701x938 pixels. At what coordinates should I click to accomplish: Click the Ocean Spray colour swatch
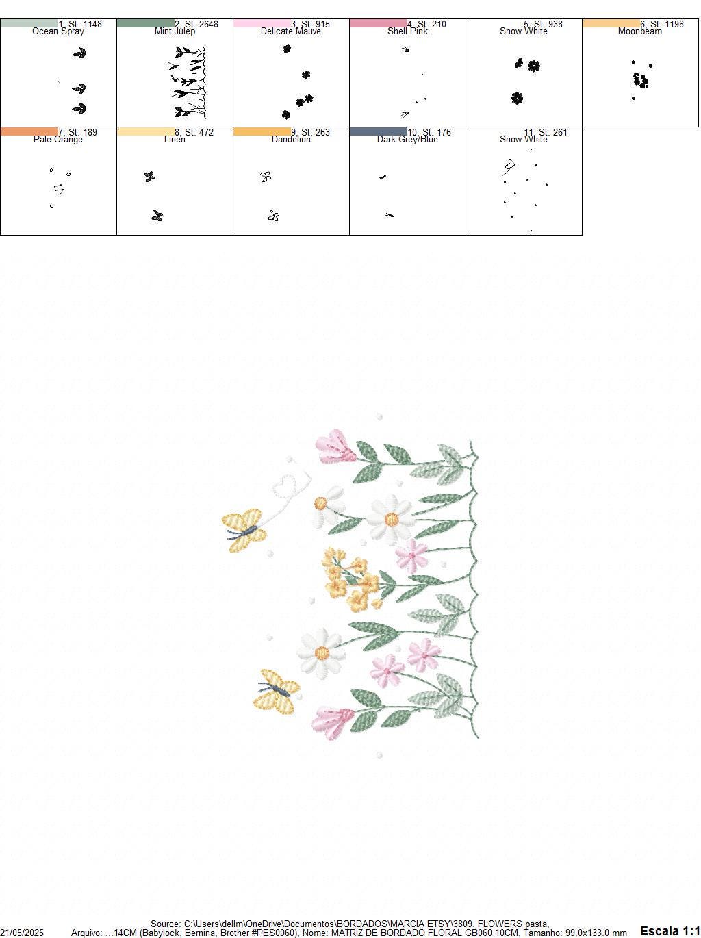pos(29,23)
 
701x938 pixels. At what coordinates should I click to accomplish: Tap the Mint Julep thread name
pos(175,31)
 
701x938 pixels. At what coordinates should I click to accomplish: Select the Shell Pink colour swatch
pos(378,23)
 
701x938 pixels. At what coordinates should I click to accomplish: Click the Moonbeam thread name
pos(639,31)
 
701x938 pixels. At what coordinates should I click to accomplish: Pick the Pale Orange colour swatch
pos(29,131)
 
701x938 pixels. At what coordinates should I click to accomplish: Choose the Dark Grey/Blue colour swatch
pos(378,131)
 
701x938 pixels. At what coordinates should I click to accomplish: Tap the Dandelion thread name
pos(291,140)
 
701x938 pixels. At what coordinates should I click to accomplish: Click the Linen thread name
pos(175,140)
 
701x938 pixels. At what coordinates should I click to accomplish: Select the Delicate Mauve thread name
pos(291,31)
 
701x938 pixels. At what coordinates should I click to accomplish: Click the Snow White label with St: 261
pos(524,140)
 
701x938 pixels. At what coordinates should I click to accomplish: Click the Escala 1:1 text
pos(670,931)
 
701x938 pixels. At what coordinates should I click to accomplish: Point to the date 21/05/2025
pos(22,933)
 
